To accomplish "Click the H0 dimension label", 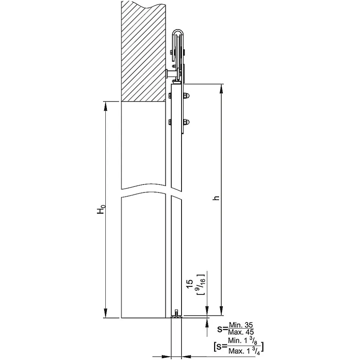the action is [x=101, y=210].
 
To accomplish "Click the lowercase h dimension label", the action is [x=216, y=198].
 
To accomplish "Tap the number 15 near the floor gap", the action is [x=190, y=284].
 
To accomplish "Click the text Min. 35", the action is [x=241, y=325].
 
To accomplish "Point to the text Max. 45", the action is [x=241, y=332].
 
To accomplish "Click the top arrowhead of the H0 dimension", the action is [x=106, y=106].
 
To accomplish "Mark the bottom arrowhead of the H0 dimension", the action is [x=106, y=313].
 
